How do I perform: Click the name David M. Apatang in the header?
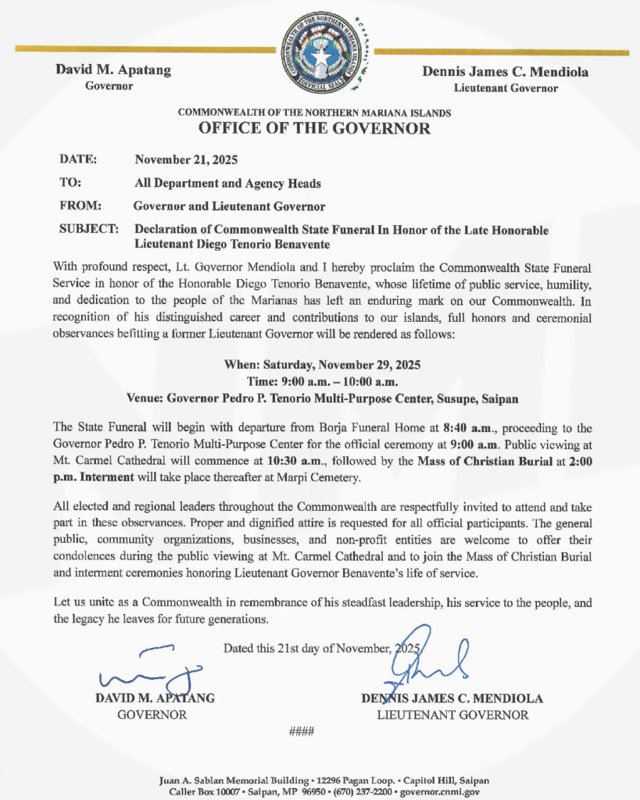pos(113,70)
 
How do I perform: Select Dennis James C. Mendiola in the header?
pos(506,72)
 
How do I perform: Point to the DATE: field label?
pos(78,159)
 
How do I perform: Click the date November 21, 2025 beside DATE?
pos(186,159)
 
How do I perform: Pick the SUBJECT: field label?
pos(89,230)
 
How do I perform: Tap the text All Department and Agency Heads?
pos(227,183)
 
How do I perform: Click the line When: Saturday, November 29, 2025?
pos(320,365)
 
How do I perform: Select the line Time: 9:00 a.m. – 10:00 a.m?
pos(320,381)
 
